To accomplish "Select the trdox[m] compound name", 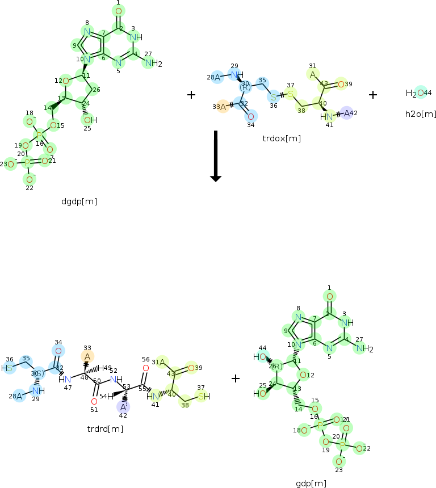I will [282, 138].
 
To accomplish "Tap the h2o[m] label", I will [420, 114].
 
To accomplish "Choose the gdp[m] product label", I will [311, 483].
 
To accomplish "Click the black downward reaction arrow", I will [215, 156].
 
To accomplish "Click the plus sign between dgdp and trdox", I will [191, 95].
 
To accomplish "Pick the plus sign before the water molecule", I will [373, 95].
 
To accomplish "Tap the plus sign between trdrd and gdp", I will [236, 378].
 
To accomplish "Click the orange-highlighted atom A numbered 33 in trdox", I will [223, 106].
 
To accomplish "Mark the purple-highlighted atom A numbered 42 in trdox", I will [347, 113].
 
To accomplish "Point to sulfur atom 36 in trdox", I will [274, 96].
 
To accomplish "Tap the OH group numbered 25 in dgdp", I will [89, 120].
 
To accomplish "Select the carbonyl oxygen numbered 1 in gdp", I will [329, 296].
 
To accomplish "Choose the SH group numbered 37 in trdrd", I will [203, 397].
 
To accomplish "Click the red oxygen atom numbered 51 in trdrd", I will [94, 401].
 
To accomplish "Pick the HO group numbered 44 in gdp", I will [260, 357].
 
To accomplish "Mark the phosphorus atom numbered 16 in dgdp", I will [40, 136].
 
